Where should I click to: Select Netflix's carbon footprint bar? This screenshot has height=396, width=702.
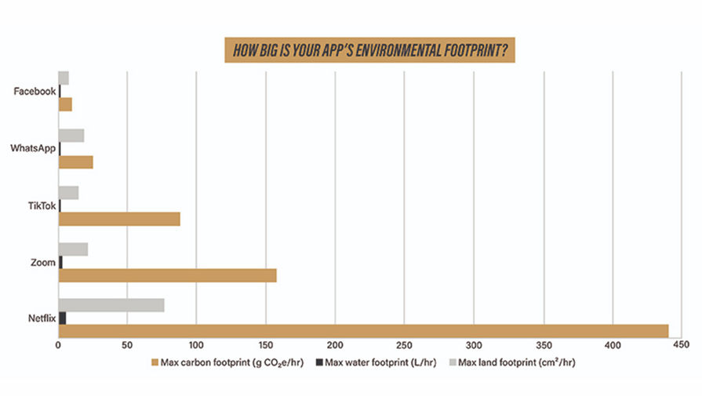[363, 330]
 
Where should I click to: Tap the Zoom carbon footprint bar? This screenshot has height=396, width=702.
[168, 275]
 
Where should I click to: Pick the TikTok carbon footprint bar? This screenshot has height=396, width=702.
[119, 219]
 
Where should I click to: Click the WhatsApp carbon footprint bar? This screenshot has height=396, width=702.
[76, 162]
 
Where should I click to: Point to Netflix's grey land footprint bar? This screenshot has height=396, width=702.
[111, 305]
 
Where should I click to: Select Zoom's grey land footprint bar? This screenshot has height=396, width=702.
[73, 249]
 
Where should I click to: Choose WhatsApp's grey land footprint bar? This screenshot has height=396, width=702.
[71, 136]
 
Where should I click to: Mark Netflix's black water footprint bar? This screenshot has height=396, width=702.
[62, 318]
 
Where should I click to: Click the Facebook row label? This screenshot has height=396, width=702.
[35, 91]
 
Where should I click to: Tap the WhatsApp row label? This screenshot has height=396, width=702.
[33, 148]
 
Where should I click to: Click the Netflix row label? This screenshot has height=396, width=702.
[41, 318]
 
